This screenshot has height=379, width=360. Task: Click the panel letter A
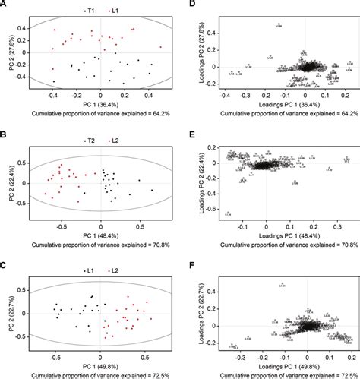(x=4, y=4)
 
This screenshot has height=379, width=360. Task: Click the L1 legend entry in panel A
(x=115, y=10)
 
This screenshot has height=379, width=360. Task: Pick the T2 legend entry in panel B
(x=88, y=141)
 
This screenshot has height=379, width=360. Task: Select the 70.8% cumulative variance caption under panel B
(x=100, y=245)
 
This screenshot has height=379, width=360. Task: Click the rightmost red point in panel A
(x=160, y=47)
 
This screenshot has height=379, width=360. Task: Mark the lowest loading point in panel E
(x=227, y=213)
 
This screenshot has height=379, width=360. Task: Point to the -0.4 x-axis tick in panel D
(x=226, y=96)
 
